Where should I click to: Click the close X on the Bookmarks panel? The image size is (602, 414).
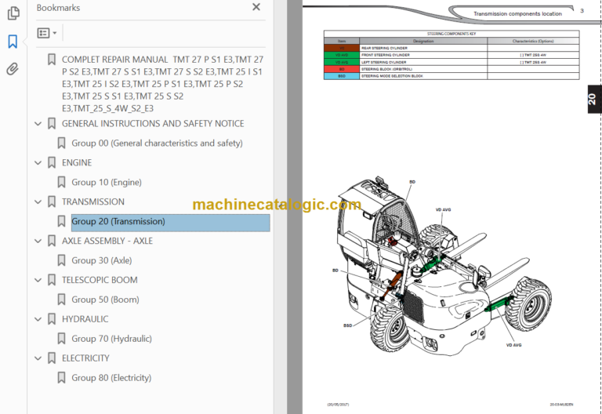click(x=256, y=7)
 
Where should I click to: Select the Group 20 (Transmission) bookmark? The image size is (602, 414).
click(x=118, y=222)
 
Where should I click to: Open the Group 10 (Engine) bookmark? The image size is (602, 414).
click(x=107, y=183)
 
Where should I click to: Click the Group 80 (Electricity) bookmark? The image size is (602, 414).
click(x=111, y=378)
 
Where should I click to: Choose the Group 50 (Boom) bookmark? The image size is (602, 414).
click(x=105, y=300)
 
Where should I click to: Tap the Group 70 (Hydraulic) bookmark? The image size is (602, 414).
click(x=111, y=339)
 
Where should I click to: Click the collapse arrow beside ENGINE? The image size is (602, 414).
click(x=38, y=163)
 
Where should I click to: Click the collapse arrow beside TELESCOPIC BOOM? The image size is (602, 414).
click(x=38, y=280)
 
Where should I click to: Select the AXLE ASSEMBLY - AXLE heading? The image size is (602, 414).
click(x=107, y=241)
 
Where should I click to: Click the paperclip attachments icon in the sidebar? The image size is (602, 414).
click(x=13, y=69)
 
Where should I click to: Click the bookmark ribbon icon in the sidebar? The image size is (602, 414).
click(x=13, y=42)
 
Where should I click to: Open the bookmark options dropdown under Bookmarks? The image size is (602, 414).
click(x=47, y=33)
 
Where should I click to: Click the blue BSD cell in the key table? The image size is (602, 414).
click(x=342, y=76)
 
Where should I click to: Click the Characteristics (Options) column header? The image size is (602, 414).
click(x=533, y=41)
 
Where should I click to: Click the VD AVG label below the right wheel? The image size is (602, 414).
click(x=513, y=344)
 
